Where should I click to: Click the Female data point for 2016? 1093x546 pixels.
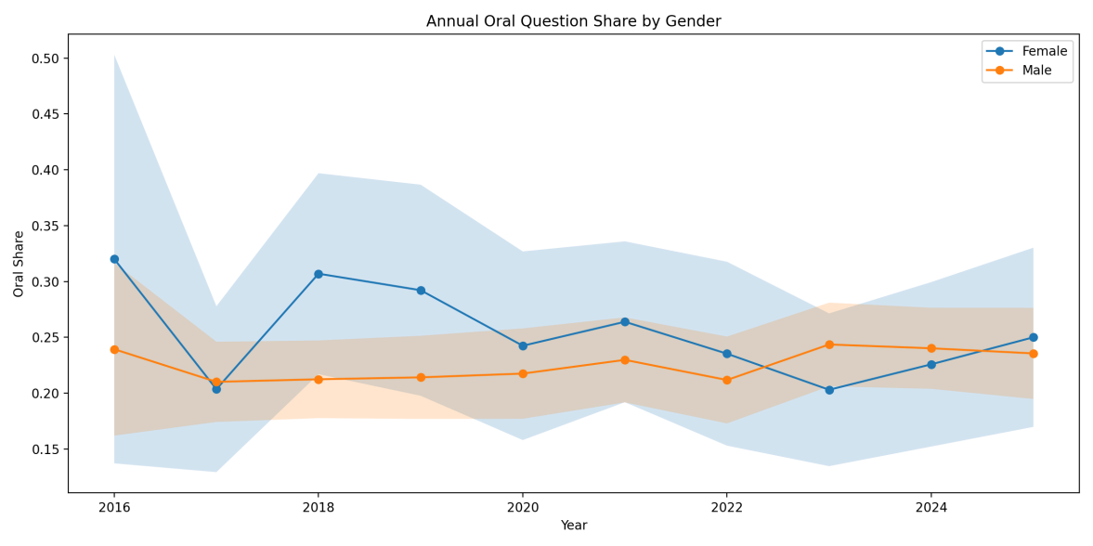[114, 259]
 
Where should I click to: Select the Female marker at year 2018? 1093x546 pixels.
[319, 274]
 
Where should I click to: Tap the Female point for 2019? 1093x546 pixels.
[421, 291]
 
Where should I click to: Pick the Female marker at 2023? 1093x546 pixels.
[829, 390]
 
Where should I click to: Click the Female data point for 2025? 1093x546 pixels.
[1033, 337]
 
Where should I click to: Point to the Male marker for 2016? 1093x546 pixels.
[114, 349]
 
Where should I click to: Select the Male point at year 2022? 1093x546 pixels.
[726, 380]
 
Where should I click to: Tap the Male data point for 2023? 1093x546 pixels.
[829, 344]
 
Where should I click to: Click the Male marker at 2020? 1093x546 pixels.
[523, 373]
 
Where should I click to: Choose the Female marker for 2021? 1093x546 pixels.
[625, 321]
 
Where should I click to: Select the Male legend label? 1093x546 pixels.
[1036, 71]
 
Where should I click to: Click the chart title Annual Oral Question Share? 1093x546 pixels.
[573, 21]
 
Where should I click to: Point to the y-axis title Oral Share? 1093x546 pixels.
[20, 264]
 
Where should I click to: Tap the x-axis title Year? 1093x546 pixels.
[573, 526]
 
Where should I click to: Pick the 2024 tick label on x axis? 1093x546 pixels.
[930, 507]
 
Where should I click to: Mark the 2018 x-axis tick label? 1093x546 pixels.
[319, 507]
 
